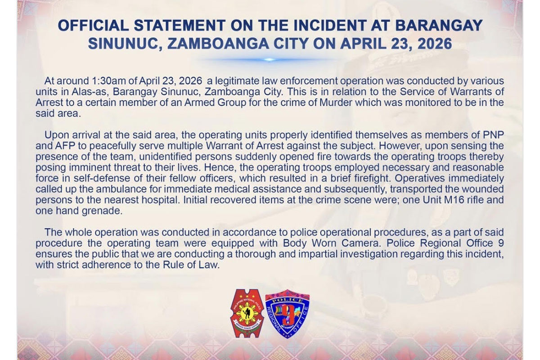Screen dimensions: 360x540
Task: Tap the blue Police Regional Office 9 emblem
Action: pyautogui.click(x=288, y=314)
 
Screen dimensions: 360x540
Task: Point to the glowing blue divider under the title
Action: pyautogui.click(x=269, y=60)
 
